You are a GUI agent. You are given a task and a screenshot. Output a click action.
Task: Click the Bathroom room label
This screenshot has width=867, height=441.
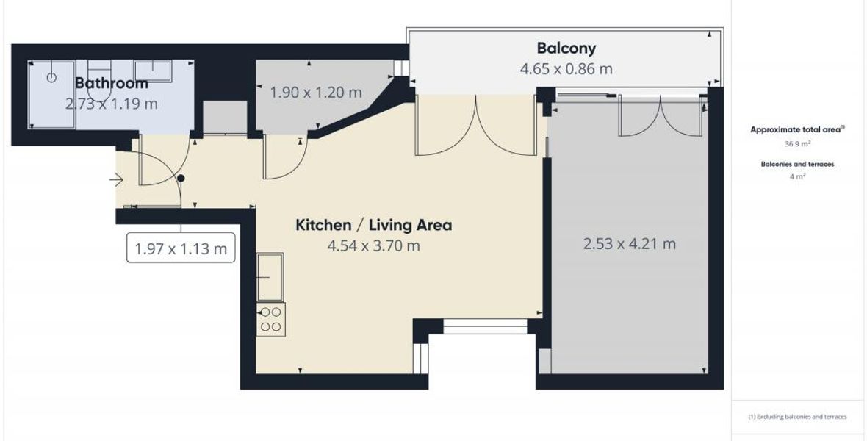pyautogui.click(x=111, y=83)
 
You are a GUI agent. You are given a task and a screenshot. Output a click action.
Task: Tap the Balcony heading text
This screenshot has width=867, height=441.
pyautogui.click(x=566, y=48)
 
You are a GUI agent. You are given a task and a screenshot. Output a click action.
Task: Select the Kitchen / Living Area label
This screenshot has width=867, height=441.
pyautogui.click(x=374, y=225)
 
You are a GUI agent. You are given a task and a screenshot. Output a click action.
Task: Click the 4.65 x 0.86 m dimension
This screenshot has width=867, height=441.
pyautogui.click(x=566, y=69)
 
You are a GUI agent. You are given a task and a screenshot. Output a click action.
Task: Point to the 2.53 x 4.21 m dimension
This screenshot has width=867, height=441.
pyautogui.click(x=629, y=243)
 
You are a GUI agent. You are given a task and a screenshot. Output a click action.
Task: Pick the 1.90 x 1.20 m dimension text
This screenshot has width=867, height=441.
pyautogui.click(x=316, y=92)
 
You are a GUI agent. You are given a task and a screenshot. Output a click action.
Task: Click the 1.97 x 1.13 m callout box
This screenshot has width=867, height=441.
pyautogui.click(x=181, y=248)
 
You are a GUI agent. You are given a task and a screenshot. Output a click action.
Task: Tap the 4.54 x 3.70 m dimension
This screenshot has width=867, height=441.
pyautogui.click(x=374, y=245)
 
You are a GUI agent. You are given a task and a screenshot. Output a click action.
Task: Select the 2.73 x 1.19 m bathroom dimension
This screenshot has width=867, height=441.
pyautogui.click(x=111, y=104)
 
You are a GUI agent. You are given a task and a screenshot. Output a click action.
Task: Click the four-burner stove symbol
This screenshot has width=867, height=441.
pyautogui.click(x=271, y=319)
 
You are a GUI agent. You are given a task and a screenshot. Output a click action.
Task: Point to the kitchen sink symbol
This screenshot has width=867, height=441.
pyautogui.click(x=270, y=276)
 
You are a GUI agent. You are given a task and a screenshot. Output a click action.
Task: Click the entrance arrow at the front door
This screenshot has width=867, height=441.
pyautogui.click(x=116, y=180)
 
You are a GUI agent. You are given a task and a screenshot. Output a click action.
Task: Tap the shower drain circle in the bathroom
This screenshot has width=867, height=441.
pyautogui.click(x=51, y=77)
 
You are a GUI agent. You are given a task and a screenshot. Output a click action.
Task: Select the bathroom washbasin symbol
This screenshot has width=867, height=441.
pyautogui.click(x=153, y=71)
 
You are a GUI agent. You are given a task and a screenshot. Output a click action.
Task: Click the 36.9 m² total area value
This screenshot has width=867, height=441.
pyautogui.click(x=796, y=144)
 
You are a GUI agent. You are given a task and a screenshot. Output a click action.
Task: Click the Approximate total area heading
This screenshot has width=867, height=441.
pyautogui.click(x=796, y=130)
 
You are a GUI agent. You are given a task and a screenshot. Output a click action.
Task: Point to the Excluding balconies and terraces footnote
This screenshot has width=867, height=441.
pyautogui.click(x=797, y=417)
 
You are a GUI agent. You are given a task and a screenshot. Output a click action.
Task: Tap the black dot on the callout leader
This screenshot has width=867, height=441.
pyautogui.click(x=181, y=178)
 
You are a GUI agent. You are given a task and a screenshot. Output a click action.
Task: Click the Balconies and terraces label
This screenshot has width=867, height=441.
pyautogui.click(x=797, y=165)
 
